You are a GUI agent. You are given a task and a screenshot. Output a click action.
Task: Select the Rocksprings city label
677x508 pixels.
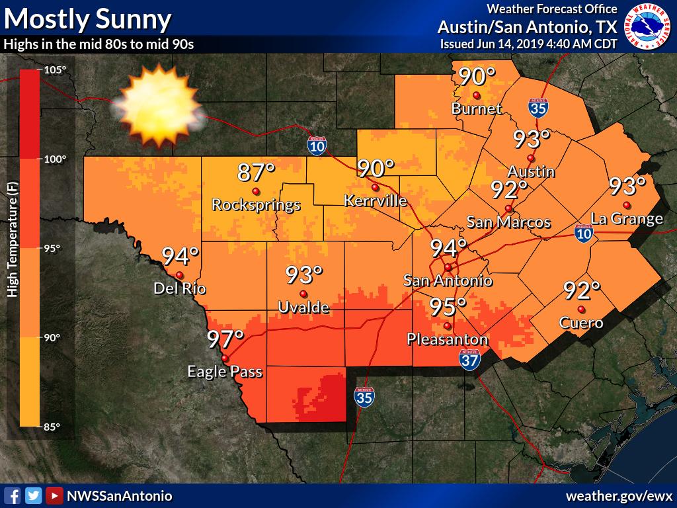(x=256, y=205)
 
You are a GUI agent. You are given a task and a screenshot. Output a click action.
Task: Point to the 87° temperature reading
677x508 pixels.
(x=256, y=173)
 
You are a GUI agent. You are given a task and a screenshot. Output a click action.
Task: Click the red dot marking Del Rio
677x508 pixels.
(x=179, y=275)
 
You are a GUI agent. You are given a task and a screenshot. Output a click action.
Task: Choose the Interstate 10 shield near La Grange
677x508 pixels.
(x=582, y=233)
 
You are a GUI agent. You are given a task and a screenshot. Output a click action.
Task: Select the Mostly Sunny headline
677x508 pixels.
(x=88, y=19)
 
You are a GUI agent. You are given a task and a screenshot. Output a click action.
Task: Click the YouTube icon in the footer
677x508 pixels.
(x=55, y=495)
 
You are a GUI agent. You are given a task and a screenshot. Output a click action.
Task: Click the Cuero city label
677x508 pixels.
(x=581, y=323)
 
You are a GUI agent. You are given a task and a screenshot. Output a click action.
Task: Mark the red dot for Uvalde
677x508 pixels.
(x=303, y=294)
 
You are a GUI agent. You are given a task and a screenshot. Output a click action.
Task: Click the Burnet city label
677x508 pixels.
(x=477, y=108)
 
